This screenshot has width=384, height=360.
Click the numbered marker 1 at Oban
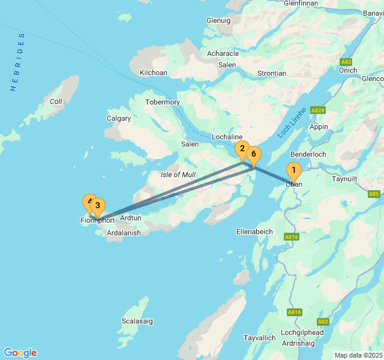point(293,171)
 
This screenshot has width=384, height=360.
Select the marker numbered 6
point(254,155)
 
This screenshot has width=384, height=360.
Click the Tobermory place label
point(163,102)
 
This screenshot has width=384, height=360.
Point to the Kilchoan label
point(153,73)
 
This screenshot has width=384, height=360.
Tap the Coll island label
point(56,101)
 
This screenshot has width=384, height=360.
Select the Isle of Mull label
point(178,175)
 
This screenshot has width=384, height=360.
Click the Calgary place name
point(119,118)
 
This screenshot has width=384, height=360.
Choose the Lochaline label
point(227,137)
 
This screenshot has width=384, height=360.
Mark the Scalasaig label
point(137,321)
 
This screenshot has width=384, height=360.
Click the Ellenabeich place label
point(254,231)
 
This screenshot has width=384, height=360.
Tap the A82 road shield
point(346,62)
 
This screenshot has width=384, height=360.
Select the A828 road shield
point(318,110)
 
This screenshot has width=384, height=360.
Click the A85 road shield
point(374,194)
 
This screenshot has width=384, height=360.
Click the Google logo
point(20,353)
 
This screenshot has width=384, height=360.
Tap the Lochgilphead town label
point(302,332)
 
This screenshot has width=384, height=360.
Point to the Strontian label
point(271,73)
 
